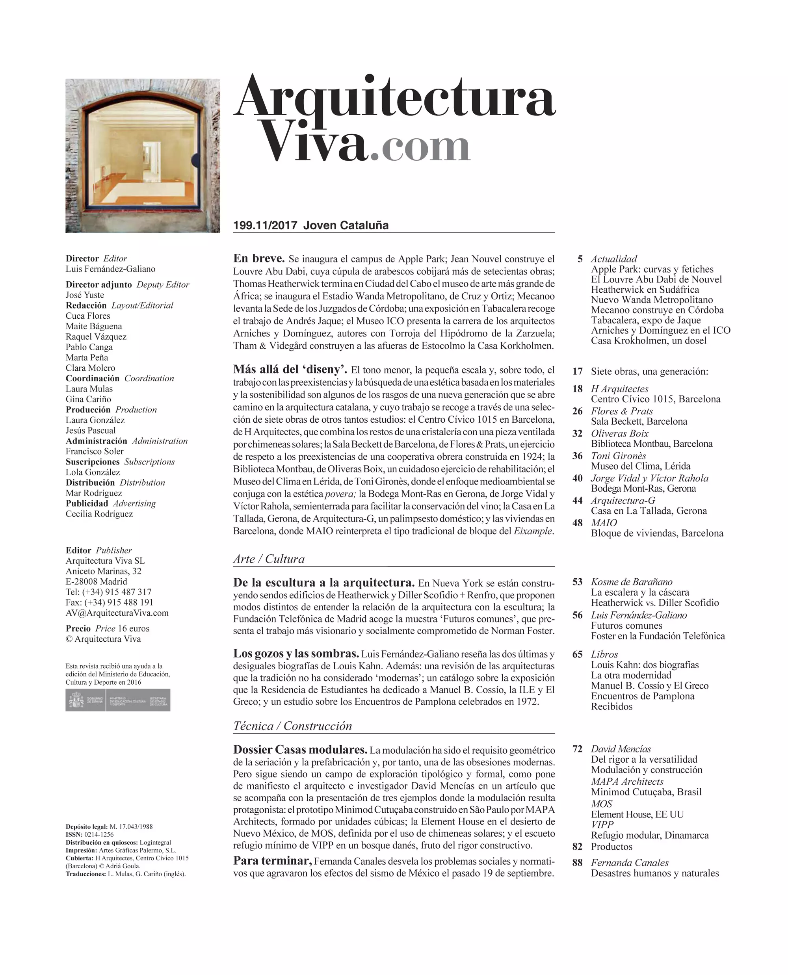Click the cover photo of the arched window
143,156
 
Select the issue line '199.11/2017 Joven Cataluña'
311,225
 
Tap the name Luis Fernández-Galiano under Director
110,269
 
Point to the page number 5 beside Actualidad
580,259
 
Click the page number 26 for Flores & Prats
577,411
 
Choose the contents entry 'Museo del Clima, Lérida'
641,466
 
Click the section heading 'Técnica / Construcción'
292,726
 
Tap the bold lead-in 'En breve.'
259,258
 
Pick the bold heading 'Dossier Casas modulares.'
300,749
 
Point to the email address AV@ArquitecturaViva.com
117,613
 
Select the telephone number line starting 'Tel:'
108,592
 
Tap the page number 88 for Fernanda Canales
577,863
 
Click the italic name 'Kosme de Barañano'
632,582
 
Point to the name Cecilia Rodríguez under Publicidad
99,514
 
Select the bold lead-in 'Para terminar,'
272,861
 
